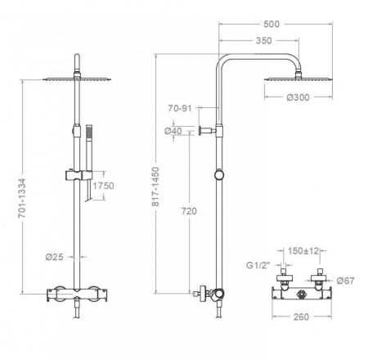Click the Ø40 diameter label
173,130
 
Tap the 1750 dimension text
103,187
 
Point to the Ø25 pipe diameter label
56,259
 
